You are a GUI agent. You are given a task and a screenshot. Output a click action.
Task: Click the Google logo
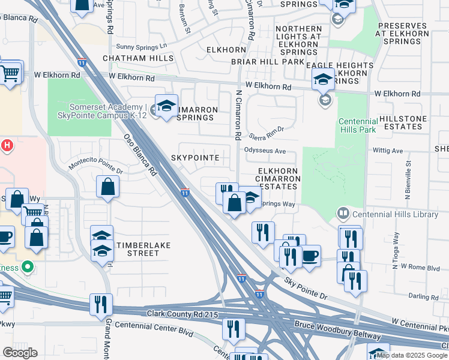[x=20, y=352]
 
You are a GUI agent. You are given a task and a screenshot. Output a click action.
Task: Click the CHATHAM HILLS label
[x=138, y=58]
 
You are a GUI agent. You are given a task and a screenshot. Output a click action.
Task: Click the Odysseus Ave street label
[x=265, y=151]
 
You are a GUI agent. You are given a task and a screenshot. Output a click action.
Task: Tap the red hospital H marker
[x=7, y=145]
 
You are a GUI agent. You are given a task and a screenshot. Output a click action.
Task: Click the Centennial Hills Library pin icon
[x=343, y=213]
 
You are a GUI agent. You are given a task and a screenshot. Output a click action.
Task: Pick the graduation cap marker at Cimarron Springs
[x=166, y=106]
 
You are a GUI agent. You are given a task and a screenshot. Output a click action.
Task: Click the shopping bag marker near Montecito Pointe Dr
[x=107, y=187]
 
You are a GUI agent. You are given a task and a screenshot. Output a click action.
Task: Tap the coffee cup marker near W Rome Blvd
[x=310, y=256]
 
